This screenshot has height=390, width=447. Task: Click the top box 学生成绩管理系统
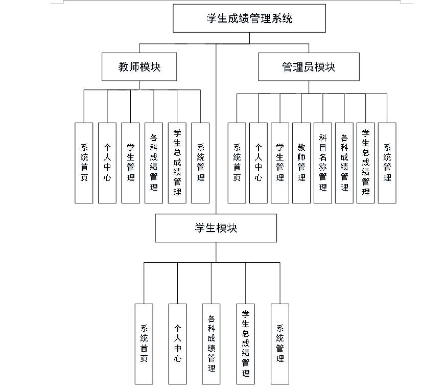click(249, 19)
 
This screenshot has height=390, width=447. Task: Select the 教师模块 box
click(139, 66)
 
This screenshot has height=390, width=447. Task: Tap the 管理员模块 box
click(309, 66)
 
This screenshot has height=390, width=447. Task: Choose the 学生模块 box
click(216, 228)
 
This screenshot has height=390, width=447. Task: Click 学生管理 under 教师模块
click(130, 163)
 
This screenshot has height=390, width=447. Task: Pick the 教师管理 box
click(301, 163)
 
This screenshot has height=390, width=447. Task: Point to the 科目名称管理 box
click(323, 163)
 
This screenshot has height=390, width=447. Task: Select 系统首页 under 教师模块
click(84, 163)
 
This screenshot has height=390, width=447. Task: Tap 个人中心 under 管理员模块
click(258, 163)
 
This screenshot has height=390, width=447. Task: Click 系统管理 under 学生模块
click(280, 343)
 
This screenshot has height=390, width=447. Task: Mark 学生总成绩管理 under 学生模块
click(246, 343)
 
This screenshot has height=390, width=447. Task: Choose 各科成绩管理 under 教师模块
click(154, 163)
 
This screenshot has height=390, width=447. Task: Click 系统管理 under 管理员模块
click(387, 163)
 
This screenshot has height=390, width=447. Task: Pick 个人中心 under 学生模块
click(177, 343)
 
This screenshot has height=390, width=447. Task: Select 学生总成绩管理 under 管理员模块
click(366, 163)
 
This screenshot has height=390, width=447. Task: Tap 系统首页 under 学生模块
click(144, 343)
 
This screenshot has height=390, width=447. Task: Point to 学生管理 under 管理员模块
click(280, 163)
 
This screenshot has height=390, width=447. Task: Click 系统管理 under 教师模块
click(201, 163)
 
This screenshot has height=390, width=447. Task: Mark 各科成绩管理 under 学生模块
click(211, 343)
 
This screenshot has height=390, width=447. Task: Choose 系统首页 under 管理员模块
click(237, 163)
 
